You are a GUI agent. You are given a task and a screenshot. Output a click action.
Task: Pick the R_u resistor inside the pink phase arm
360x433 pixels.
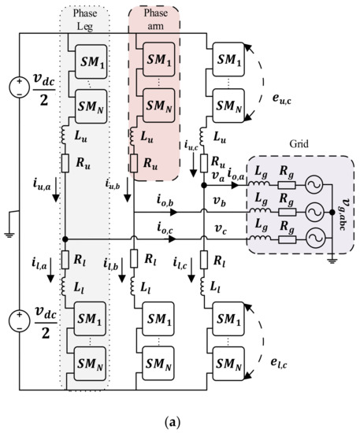point(150,165)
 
